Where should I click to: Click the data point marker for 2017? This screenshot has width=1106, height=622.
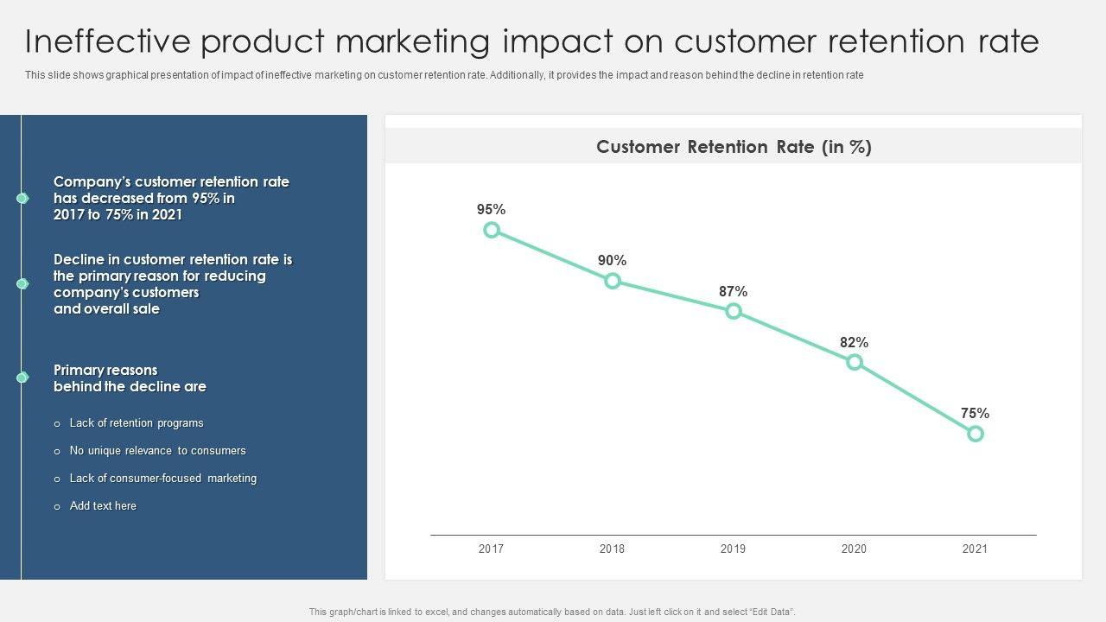(x=492, y=230)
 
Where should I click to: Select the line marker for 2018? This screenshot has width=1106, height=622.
(x=613, y=281)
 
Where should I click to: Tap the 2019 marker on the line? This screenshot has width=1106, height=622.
(x=734, y=311)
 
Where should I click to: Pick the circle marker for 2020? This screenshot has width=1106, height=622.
(x=855, y=362)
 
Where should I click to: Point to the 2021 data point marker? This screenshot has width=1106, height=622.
(x=976, y=434)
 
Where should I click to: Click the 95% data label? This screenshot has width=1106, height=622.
(x=491, y=210)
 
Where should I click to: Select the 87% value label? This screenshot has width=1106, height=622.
(x=733, y=292)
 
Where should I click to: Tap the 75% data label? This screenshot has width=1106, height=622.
(x=975, y=414)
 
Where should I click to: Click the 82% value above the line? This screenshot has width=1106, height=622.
(x=854, y=343)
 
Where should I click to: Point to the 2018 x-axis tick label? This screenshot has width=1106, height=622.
(x=612, y=549)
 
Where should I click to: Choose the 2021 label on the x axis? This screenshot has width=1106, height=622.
(x=975, y=549)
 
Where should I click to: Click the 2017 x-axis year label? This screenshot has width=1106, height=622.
(x=491, y=549)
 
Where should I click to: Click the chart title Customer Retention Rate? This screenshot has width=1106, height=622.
(x=734, y=147)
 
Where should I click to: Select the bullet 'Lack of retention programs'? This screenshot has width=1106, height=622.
(x=137, y=423)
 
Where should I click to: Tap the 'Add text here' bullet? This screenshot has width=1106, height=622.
(x=103, y=506)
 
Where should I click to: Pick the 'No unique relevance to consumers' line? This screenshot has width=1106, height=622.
(x=157, y=451)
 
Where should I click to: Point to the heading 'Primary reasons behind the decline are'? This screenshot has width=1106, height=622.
(x=130, y=378)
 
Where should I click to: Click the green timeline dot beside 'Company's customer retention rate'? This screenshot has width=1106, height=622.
(x=22, y=199)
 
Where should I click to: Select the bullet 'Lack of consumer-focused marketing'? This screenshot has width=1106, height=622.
(x=162, y=479)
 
